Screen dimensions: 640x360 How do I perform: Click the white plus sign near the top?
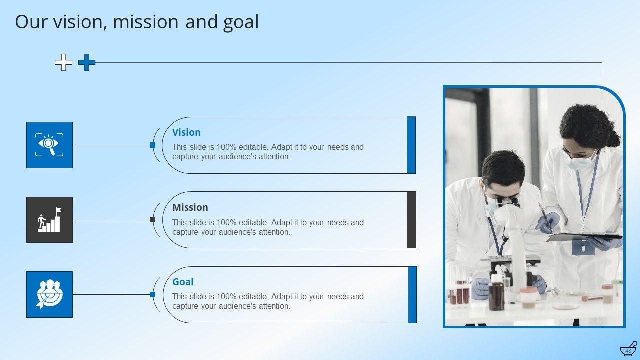pos(63,62)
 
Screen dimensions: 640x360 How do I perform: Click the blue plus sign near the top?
pos(87,62)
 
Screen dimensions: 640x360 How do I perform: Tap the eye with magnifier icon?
pos(49,145)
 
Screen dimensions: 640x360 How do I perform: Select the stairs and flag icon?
pos(49,219)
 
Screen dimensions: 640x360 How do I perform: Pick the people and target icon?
pos(49,294)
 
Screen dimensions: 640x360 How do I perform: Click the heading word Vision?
pos(186,132)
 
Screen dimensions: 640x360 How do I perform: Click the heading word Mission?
pos(190,207)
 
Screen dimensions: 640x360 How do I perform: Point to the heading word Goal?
pos(183,282)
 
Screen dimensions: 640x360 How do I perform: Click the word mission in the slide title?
pos(146,22)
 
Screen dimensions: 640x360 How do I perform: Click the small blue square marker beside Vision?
pos(153,145)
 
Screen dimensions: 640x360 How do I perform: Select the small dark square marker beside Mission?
pos(153,219)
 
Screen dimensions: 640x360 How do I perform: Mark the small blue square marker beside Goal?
pos(153,294)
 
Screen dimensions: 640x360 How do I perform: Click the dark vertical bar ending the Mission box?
pos(411,220)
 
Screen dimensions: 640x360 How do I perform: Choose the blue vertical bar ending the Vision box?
pos(411,145)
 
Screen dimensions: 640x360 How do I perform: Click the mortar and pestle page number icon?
pos(628,349)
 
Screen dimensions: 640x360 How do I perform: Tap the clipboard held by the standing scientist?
pos(584,237)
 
